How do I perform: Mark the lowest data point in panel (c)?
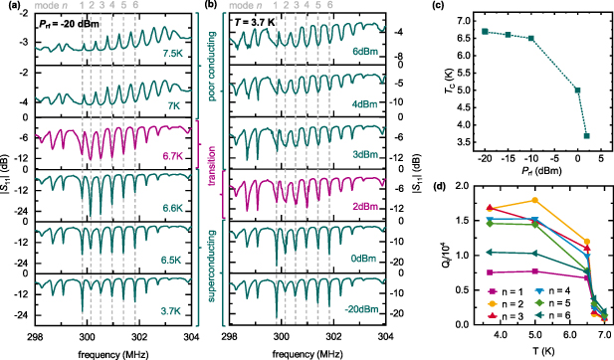click(586, 135)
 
